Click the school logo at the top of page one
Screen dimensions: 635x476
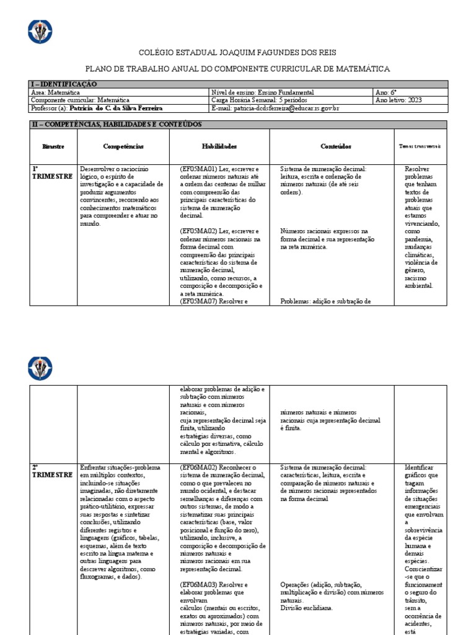[40, 31]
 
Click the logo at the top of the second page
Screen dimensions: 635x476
[40, 368]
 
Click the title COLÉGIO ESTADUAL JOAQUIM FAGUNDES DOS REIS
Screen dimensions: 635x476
[237, 54]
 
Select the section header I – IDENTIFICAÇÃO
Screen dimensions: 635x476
[64, 84]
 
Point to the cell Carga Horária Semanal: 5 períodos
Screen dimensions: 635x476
[258, 100]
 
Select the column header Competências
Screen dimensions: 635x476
[123, 146]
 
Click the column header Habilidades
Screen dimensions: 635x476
[219, 146]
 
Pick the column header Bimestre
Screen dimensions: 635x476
[53, 146]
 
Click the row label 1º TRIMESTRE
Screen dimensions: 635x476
[52, 172]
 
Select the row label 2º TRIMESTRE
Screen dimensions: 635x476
[52, 471]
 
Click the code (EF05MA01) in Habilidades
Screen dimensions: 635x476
[198, 169]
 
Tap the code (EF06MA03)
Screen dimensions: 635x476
[198, 584]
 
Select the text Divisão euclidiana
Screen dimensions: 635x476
[307, 608]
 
